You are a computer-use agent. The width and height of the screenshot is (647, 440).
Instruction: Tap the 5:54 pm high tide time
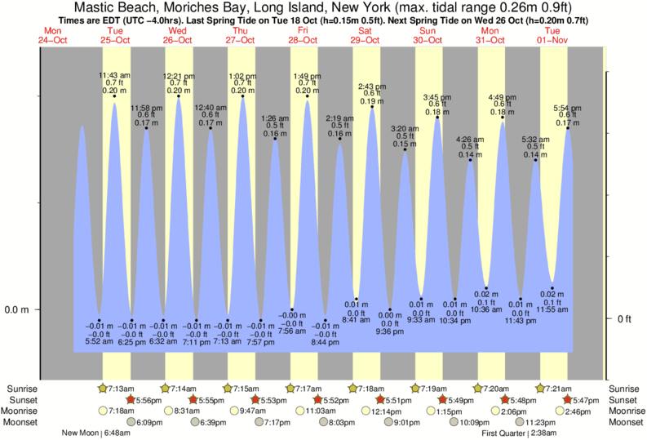pyautogui.click(x=567, y=109)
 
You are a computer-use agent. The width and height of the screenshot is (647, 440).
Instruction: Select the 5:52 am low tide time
pyautogui.click(x=99, y=341)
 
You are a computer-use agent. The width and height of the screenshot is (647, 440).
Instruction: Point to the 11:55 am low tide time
pyautogui.click(x=552, y=309)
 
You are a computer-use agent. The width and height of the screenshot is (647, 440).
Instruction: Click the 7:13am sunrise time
pyautogui.click(x=121, y=388)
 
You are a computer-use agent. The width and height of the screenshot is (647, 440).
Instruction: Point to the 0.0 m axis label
pyautogui.click(x=18, y=309)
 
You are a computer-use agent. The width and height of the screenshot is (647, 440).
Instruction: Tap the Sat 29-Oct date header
pyautogui.click(x=366, y=34)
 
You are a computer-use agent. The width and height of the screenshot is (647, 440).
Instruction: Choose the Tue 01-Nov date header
pyautogui.click(x=553, y=34)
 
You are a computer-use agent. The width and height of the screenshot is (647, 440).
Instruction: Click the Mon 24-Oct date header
pyautogui.click(x=51, y=34)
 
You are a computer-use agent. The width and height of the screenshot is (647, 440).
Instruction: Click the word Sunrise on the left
pyautogui.click(x=24, y=388)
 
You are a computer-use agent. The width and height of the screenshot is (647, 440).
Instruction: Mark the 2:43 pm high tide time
pyautogui.click(x=372, y=87)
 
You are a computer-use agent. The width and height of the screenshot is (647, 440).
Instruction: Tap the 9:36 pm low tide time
pyautogui.click(x=389, y=331)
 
